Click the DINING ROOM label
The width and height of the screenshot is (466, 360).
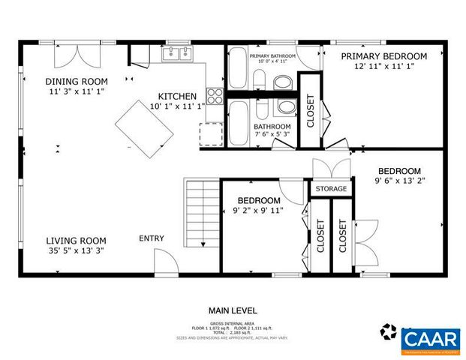click(77, 82)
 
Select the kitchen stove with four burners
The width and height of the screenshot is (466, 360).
click(215, 95)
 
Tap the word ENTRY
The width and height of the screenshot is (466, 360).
click(152, 238)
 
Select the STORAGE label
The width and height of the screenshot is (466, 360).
click(331, 189)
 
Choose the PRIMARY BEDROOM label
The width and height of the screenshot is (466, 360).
click(383, 56)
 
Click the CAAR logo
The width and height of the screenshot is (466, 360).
click(430, 338)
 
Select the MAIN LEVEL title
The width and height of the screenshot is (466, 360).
click(233, 310)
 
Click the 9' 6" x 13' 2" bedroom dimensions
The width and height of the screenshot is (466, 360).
click(398, 181)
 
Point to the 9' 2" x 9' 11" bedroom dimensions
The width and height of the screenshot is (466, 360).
click(260, 211)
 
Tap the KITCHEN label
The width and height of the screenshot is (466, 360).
click(177, 97)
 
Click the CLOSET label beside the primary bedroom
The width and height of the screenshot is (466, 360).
click(311, 110)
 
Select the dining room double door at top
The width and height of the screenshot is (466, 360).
click(77, 56)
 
